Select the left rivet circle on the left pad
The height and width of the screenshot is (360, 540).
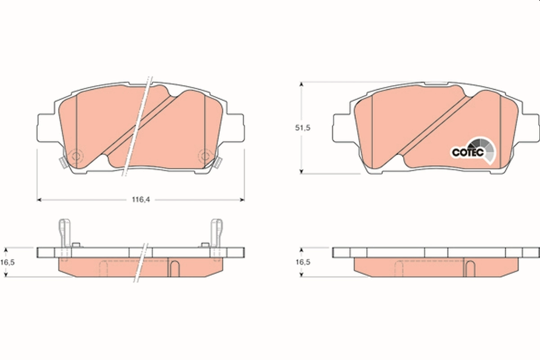pyautogui.click(x=76, y=157)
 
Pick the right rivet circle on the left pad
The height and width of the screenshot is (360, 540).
pyautogui.click(x=205, y=156)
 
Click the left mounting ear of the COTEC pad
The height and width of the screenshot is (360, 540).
pyautogui.click(x=341, y=127)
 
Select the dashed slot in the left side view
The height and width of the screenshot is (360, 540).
pyautogui.click(x=103, y=268)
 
